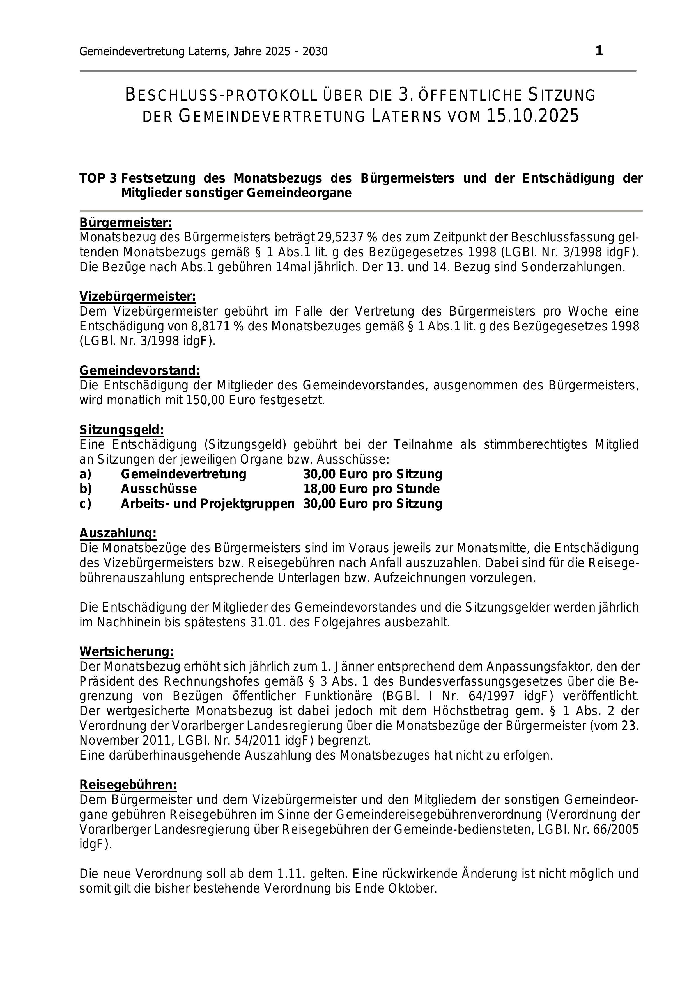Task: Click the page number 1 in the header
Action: pyautogui.click(x=599, y=51)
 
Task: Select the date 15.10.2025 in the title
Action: pyautogui.click(x=533, y=116)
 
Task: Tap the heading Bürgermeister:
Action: pyautogui.click(x=125, y=223)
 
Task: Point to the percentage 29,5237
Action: pyautogui.click(x=341, y=237)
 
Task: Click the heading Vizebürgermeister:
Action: pyautogui.click(x=137, y=297)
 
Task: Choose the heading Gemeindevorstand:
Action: pyautogui.click(x=140, y=370)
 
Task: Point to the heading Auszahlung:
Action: pyautogui.click(x=118, y=533)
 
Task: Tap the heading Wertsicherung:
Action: pyautogui.click(x=127, y=652)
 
